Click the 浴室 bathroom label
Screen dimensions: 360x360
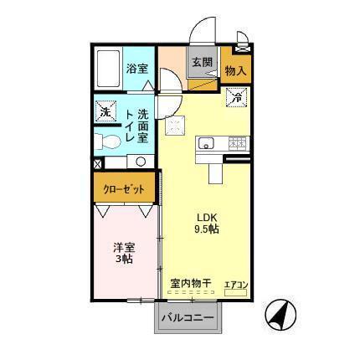137,69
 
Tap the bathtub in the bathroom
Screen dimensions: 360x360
110,69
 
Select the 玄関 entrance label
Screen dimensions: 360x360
200,62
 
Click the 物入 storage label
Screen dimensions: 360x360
235,72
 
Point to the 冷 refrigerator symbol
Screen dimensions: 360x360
236,98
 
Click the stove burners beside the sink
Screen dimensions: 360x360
237,143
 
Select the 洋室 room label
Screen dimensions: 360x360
122,247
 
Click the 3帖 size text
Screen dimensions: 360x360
122,260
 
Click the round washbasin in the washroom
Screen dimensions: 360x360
140,161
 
